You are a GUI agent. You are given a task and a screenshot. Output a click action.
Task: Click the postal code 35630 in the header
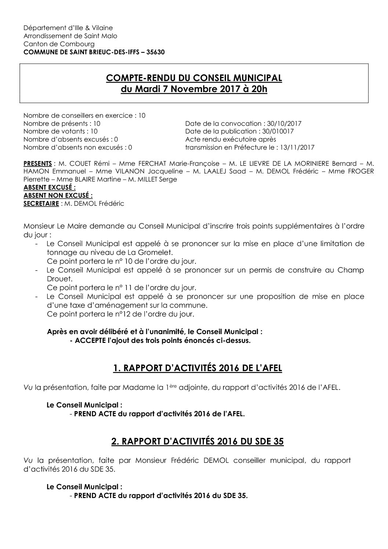[155, 52]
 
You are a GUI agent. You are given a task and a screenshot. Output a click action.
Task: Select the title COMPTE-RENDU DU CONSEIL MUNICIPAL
[194, 78]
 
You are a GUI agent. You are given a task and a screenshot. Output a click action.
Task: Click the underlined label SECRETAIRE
[41, 204]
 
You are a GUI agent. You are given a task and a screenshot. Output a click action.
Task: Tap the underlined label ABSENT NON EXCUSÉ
[58, 195]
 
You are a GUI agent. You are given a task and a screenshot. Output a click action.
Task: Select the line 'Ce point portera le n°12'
[121, 314]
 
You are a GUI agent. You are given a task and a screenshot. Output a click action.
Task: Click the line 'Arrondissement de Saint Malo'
[70, 36]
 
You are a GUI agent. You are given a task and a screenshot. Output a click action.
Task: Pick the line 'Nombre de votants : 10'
[61, 131]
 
